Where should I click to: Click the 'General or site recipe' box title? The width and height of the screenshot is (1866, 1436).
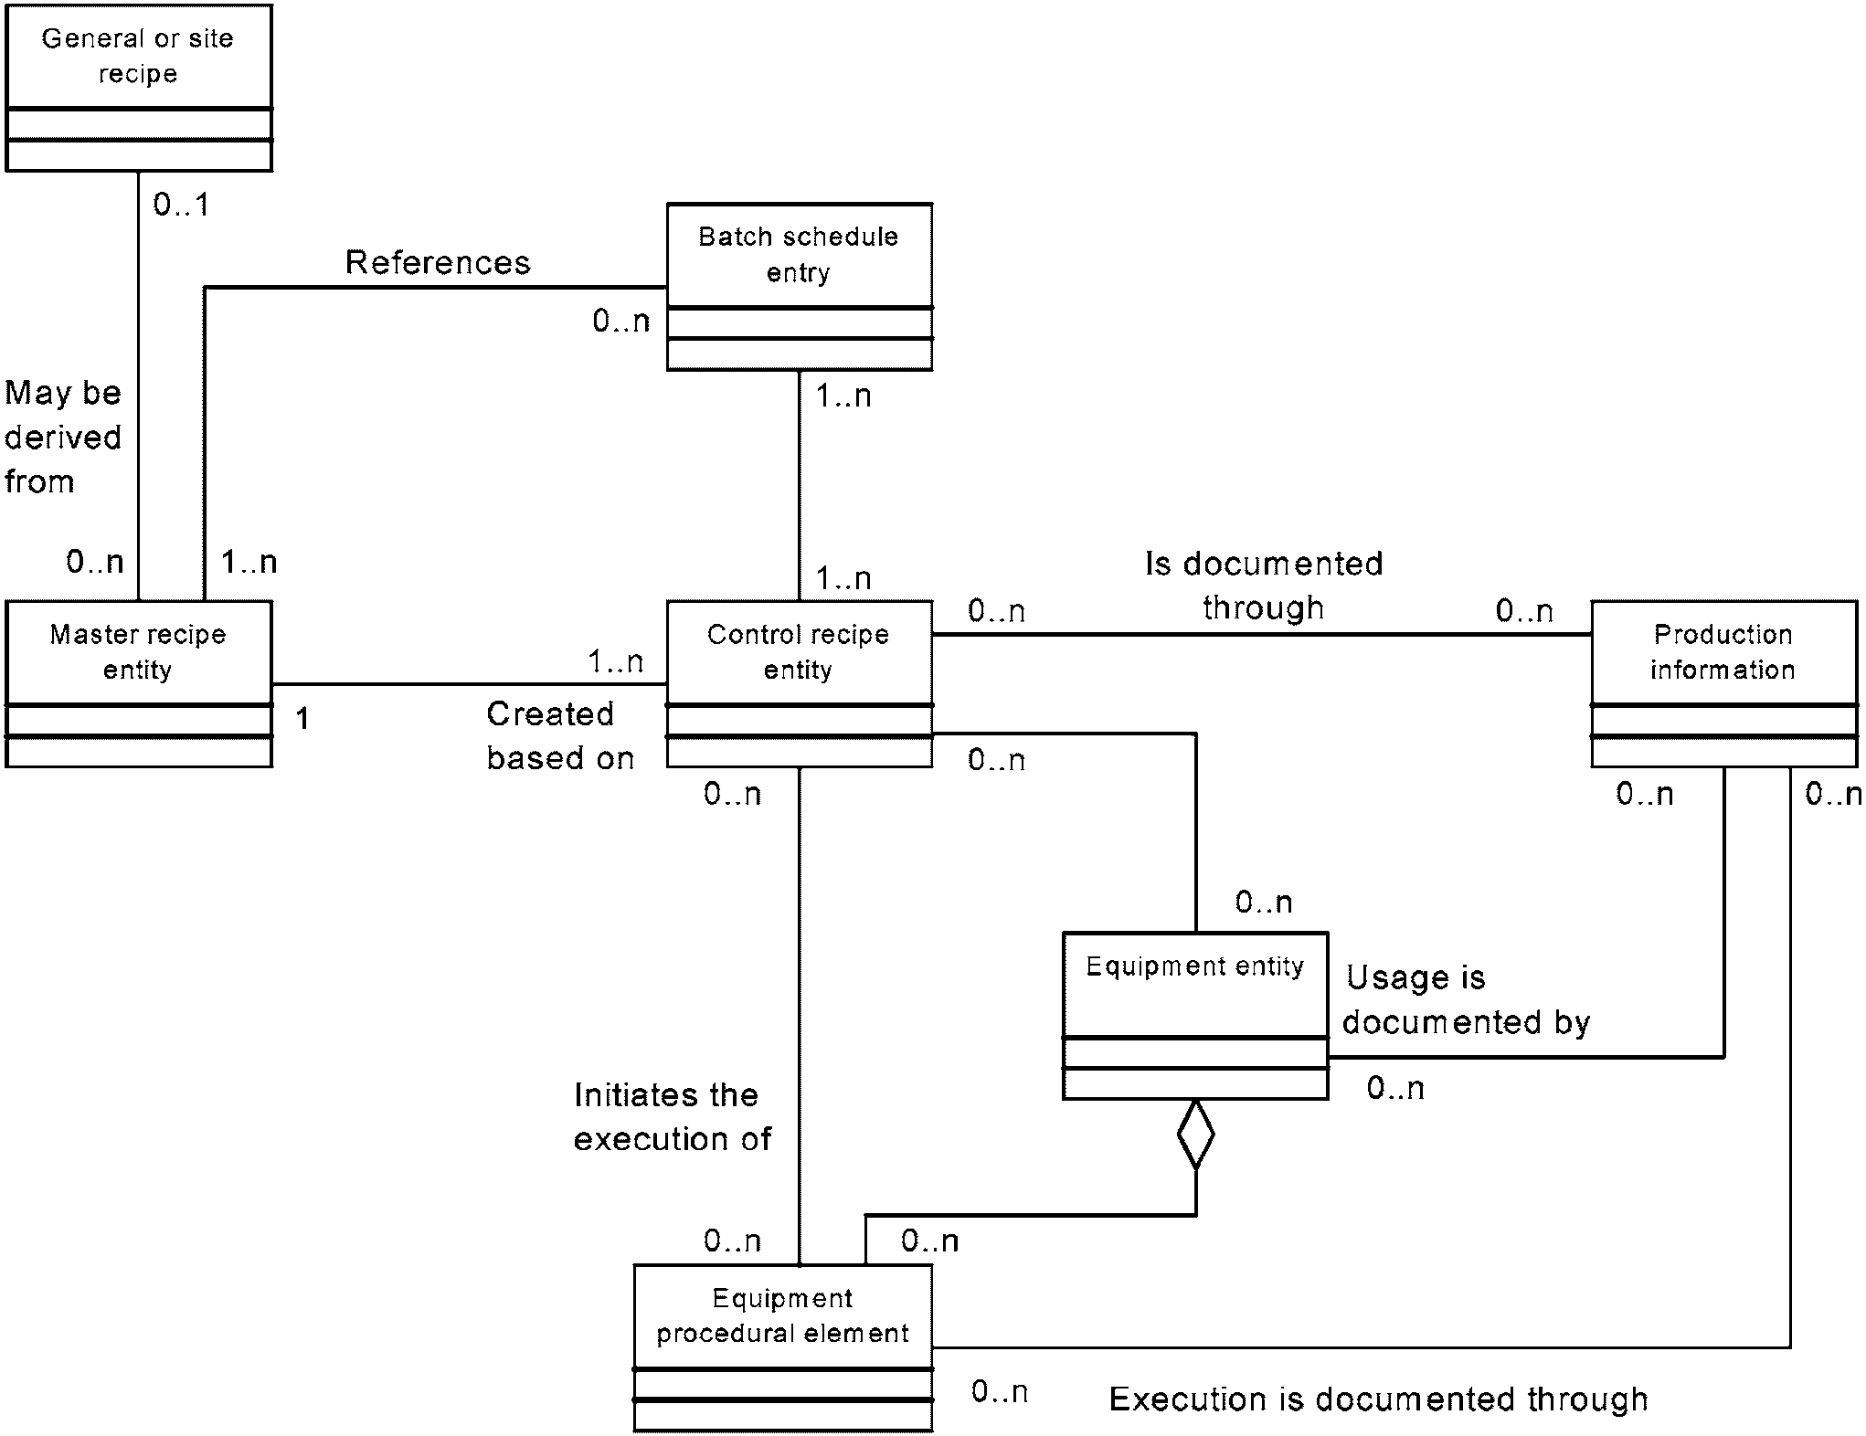(138, 56)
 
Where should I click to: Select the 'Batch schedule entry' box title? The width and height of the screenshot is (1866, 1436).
(799, 255)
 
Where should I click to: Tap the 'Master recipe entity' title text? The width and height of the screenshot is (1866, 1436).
(138, 652)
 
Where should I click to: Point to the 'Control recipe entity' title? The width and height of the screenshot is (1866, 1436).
(799, 652)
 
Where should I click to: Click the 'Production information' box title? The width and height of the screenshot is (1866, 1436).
(1723, 652)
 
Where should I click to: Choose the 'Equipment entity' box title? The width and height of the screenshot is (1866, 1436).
(1195, 966)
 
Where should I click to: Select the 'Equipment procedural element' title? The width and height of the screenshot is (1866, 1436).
(783, 1316)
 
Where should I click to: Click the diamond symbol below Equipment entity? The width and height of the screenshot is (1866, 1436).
(1195, 1135)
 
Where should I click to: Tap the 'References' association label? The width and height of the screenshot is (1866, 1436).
(438, 263)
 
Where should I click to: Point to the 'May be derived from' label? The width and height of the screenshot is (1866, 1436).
(63, 438)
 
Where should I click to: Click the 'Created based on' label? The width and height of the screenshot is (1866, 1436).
(560, 736)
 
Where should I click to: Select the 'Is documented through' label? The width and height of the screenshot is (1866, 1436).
(1264, 586)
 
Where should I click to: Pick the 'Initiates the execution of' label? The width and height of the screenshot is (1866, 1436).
(673, 1117)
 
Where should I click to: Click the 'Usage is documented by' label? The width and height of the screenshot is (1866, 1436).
(1467, 1000)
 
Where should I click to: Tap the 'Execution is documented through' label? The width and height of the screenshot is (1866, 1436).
(1379, 1399)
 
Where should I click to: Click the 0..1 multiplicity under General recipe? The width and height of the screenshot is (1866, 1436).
(181, 205)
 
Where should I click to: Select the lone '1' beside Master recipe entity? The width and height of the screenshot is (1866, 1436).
(302, 719)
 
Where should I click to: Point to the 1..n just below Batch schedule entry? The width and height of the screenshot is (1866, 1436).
(843, 396)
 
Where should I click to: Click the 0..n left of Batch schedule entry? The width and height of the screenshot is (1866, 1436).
(621, 321)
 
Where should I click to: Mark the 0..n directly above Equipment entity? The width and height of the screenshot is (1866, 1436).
(1265, 903)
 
